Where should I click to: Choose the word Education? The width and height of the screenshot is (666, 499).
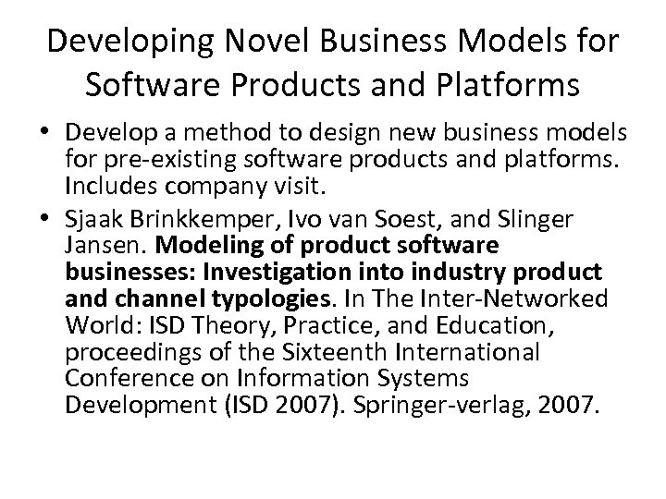[x=496, y=325]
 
